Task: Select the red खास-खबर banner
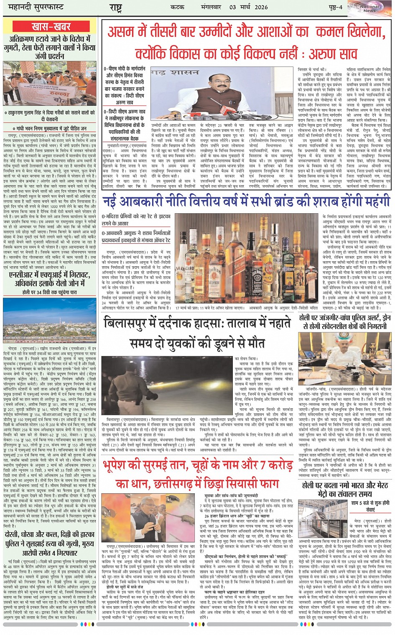coord(51,27)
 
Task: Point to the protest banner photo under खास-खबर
coord(50,83)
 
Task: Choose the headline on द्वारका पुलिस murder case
coord(50,543)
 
